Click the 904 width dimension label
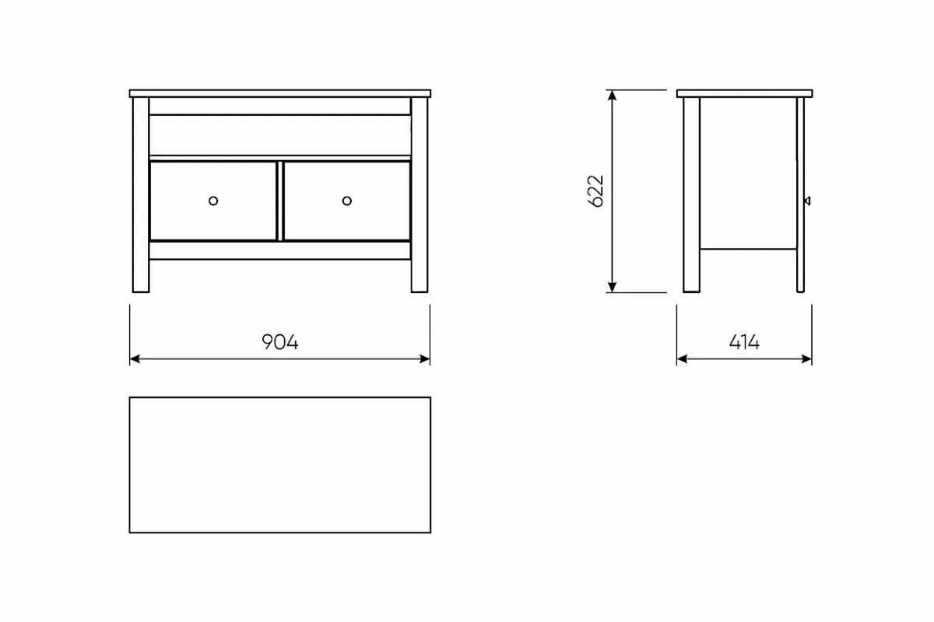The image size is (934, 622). click(x=279, y=342)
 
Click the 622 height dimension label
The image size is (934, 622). click(x=595, y=190)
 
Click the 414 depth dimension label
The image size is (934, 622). click(x=744, y=342)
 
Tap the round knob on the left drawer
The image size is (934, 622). click(x=213, y=201)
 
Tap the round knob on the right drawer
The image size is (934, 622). click(x=347, y=201)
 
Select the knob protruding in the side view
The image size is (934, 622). click(x=807, y=201)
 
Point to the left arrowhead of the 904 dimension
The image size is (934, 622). click(x=135, y=358)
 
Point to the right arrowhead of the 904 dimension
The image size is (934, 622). click(x=425, y=358)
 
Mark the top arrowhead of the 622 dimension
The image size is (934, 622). click(x=612, y=96)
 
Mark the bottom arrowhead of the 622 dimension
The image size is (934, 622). click(x=612, y=287)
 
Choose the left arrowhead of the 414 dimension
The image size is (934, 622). click(x=682, y=358)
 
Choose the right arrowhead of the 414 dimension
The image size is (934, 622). click(x=806, y=358)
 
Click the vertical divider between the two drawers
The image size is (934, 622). click(x=279, y=201)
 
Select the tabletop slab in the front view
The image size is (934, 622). click(x=279, y=93)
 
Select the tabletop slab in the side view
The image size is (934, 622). click(x=744, y=93)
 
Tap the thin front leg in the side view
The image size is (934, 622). click(x=800, y=194)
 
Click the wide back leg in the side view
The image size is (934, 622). click(x=691, y=194)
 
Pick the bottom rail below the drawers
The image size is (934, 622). click(x=279, y=250)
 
